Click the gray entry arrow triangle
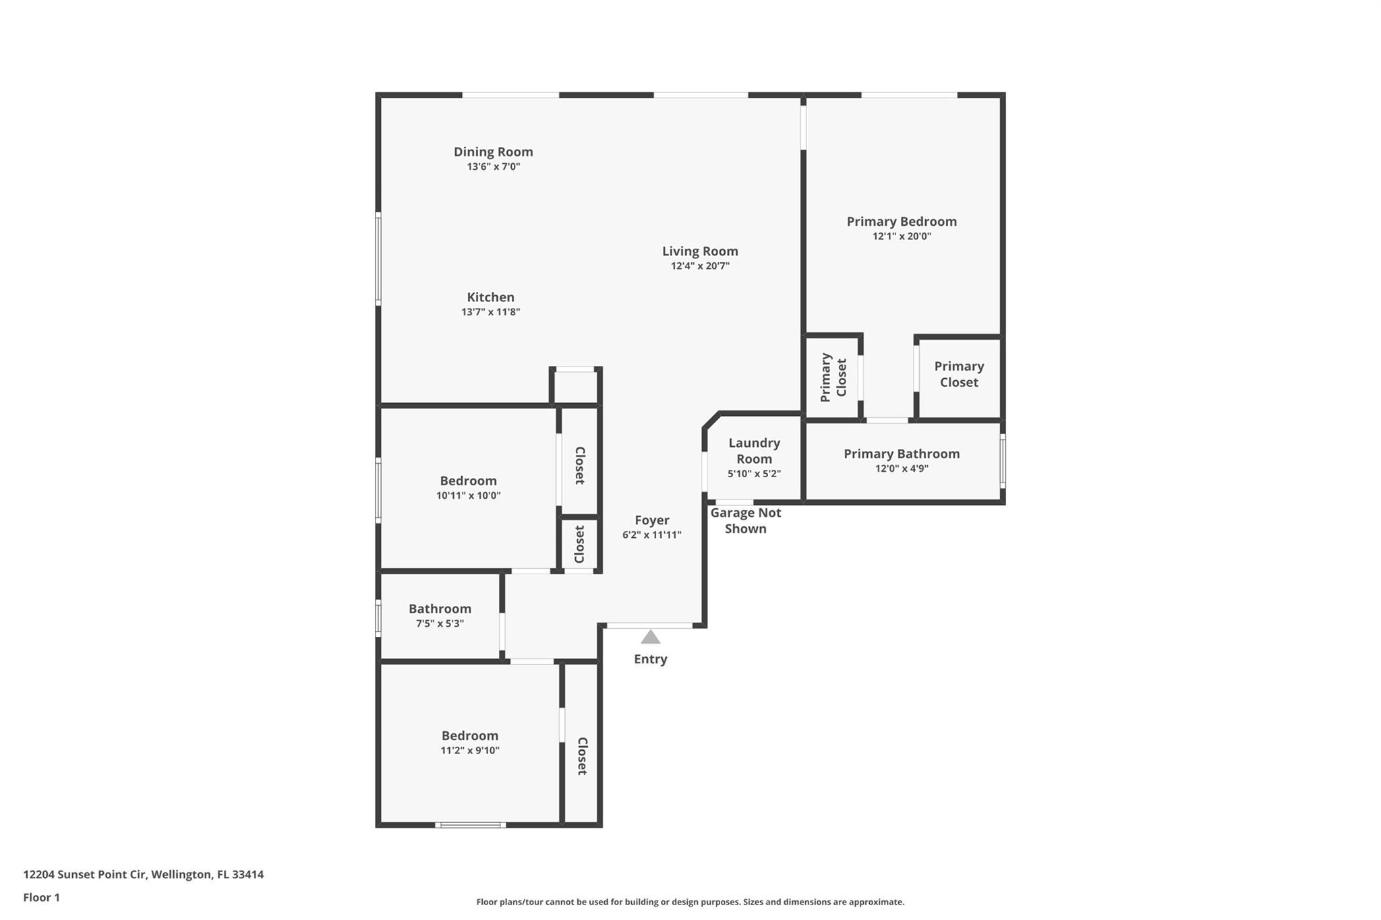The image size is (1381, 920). point(650,638)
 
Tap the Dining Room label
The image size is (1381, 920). point(493,152)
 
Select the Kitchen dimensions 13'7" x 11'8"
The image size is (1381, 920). point(490,312)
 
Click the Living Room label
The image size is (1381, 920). point(700,251)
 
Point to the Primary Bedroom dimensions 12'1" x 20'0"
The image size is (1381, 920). point(902,237)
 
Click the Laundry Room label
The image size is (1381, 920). point(754,451)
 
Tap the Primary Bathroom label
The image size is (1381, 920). point(902,454)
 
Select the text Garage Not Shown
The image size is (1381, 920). point(745,520)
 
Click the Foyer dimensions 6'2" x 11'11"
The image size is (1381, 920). point(651,535)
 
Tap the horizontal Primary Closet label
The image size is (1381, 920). point(959,374)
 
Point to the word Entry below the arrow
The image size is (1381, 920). point(650,659)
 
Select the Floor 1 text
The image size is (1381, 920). point(42,897)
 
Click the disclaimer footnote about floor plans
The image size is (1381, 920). point(690,902)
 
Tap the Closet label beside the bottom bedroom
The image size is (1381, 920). point(581,756)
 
